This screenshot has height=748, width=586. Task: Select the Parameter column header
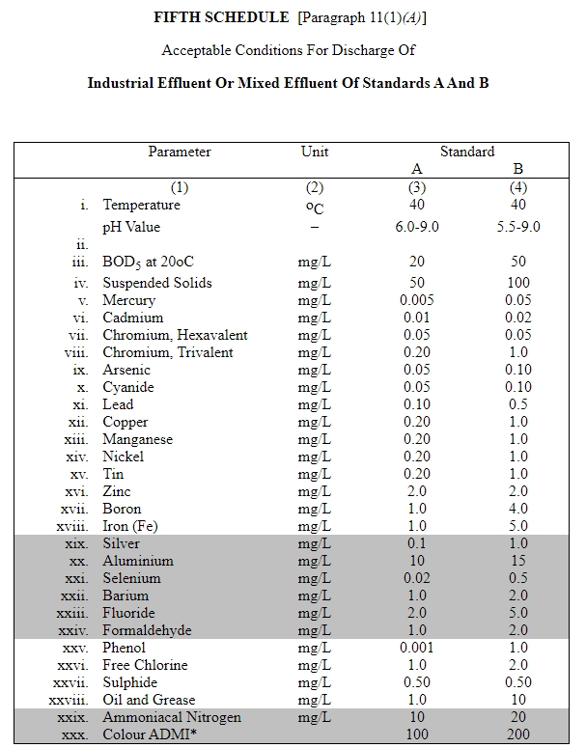(180, 152)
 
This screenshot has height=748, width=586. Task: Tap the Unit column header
(315, 152)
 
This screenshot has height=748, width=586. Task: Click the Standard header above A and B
(467, 152)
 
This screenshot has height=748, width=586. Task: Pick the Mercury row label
(129, 300)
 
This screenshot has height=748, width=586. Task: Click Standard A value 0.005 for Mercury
(417, 300)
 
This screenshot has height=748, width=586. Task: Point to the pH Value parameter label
(132, 228)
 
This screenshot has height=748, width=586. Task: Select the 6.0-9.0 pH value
(418, 228)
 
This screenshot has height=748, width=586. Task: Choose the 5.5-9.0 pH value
(517, 228)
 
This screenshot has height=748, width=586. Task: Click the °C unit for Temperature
(315, 207)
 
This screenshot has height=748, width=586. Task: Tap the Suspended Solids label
(157, 283)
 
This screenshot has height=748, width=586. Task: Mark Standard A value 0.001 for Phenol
(417, 648)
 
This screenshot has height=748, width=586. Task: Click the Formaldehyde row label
(148, 630)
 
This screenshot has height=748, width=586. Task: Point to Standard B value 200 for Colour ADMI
(518, 735)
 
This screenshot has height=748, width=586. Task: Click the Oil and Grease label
(150, 700)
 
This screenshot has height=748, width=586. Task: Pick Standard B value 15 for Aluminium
(518, 561)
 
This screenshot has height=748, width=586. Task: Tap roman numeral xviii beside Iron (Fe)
(74, 526)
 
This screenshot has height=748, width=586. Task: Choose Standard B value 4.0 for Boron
(518, 509)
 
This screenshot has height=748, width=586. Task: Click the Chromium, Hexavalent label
(176, 335)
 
